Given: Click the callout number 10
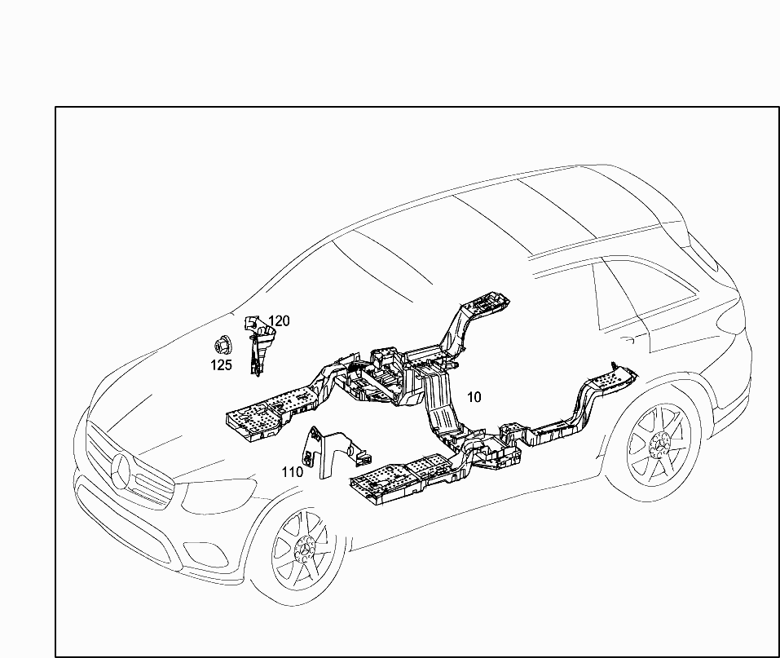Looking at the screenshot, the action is click(474, 397).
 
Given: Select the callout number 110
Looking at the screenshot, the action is click(293, 472).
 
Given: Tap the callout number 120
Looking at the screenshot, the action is click(279, 321).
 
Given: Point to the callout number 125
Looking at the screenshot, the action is click(221, 365).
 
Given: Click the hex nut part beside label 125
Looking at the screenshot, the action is click(221, 346).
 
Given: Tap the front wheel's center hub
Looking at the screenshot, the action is click(303, 548).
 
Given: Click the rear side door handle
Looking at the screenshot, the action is click(628, 340).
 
